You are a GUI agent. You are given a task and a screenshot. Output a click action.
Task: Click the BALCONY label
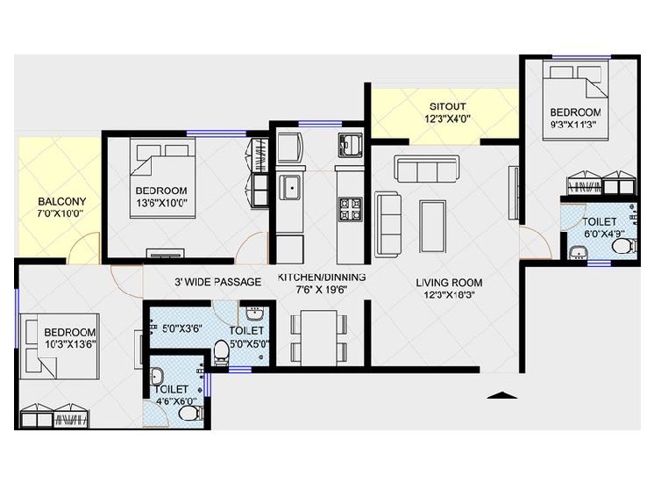click(x=61, y=201)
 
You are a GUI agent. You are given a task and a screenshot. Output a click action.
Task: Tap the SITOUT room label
click(x=447, y=106)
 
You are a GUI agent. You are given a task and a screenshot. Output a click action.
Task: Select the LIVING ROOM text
click(x=449, y=283)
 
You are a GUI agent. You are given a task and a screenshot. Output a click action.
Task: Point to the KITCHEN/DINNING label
click(x=321, y=278)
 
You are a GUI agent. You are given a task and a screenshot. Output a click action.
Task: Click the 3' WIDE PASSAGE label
click(x=218, y=282)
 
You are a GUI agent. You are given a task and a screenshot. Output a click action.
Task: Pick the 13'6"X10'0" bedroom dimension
click(x=161, y=203)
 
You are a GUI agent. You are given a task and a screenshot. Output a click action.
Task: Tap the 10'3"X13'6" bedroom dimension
click(x=70, y=344)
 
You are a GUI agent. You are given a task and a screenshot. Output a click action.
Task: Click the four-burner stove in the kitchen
click(x=351, y=209)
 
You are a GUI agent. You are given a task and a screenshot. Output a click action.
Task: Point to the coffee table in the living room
click(x=432, y=227)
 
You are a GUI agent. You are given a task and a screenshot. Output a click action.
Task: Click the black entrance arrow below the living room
click(x=501, y=395)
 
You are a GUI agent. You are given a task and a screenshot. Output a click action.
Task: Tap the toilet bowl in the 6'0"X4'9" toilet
click(x=624, y=246)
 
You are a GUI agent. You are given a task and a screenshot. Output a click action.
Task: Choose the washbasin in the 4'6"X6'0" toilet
click(x=157, y=375)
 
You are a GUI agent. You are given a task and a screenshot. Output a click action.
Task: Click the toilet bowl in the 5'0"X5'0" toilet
click(x=221, y=352)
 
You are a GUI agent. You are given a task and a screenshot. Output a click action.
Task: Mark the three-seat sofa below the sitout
click(x=427, y=169)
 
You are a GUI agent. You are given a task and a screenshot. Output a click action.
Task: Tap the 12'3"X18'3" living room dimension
click(x=450, y=295)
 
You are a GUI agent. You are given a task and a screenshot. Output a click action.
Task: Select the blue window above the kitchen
click(x=320, y=124)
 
